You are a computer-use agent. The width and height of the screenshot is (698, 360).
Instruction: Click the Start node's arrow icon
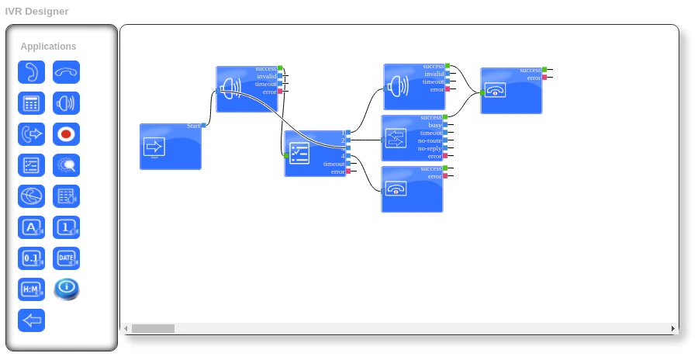[154, 147]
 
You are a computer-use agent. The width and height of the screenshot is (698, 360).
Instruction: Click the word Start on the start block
[193, 126]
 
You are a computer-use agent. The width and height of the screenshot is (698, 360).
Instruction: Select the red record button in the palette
[66, 134]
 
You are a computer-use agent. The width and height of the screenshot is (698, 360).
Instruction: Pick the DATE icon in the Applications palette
[66, 258]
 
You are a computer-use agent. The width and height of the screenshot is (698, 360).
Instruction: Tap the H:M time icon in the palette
[31, 289]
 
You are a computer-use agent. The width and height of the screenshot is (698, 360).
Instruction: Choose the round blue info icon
[66, 289]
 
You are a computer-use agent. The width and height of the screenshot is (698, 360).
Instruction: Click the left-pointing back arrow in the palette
[31, 320]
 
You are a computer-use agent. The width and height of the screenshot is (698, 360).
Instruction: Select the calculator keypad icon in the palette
[31, 103]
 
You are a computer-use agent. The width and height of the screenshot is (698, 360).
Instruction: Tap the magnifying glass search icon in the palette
[66, 165]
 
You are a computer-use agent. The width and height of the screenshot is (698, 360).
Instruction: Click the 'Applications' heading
[48, 47]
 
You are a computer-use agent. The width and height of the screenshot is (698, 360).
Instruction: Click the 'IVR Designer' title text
[36, 11]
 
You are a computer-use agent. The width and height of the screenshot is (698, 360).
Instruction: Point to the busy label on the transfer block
[435, 125]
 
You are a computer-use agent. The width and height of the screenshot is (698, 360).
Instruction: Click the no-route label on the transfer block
[429, 140]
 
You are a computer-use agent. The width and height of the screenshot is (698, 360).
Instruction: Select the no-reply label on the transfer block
[429, 148]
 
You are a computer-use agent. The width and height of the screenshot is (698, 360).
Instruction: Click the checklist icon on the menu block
[299, 153]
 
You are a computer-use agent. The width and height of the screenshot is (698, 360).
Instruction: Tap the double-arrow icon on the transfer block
[396, 138]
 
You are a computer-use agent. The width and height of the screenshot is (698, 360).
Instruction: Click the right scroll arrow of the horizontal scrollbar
[673, 329]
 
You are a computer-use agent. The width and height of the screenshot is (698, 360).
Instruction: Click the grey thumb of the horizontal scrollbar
[153, 329]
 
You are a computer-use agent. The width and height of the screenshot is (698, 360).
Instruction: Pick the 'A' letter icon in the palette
[31, 227]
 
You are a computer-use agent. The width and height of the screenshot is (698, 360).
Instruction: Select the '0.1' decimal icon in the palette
[31, 258]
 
